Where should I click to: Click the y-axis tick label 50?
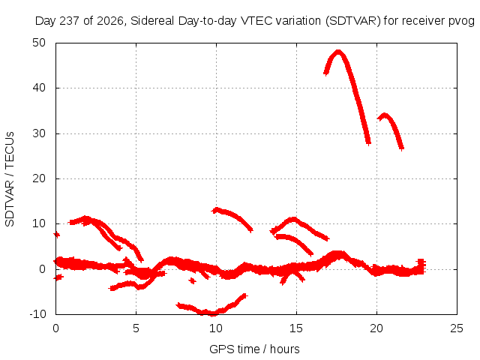(39, 43)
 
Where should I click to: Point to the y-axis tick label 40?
(39, 88)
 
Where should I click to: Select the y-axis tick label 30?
(39, 133)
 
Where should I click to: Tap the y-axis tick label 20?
(39, 178)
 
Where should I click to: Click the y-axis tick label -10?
(37, 314)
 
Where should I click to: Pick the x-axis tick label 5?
(136, 328)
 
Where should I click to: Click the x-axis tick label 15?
(296, 328)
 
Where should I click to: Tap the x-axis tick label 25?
(457, 328)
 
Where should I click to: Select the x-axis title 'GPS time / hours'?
(254, 349)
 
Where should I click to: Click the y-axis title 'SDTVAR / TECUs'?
(10, 179)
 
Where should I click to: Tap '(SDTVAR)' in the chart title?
(353, 21)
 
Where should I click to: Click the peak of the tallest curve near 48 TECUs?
(338, 52)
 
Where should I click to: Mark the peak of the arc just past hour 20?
(385, 115)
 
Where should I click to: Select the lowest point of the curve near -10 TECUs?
(212, 313)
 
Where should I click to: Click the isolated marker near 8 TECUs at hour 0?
(57, 235)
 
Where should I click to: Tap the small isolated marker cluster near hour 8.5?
(192, 280)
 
